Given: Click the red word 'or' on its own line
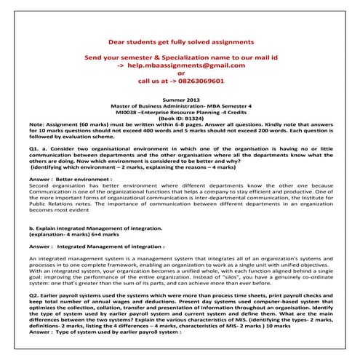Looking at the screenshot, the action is coord(180,73).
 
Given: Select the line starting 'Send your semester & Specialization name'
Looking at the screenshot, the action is coord(180,56).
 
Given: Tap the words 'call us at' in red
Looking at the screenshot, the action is coord(151,82).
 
